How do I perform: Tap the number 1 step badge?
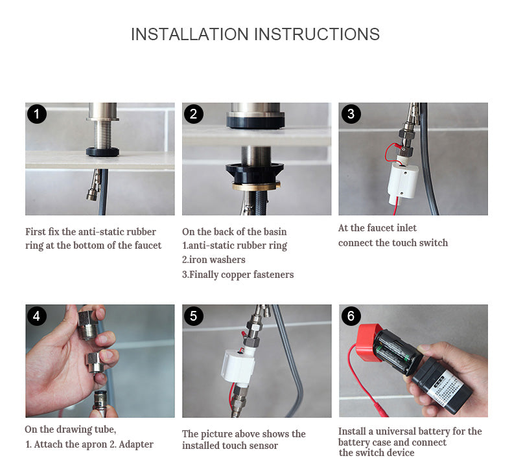click(36, 115)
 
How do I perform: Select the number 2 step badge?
click(193, 115)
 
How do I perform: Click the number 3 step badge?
click(350, 115)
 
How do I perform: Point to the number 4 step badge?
click(36, 316)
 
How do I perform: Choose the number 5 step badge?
click(193, 316)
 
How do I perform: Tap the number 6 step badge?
click(350, 316)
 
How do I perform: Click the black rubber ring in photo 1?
click(102, 152)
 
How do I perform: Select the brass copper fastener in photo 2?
click(257, 186)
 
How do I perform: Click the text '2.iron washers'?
click(214, 260)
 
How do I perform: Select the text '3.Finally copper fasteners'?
click(238, 275)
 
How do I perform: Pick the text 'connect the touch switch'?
click(393, 243)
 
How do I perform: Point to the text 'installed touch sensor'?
click(230, 445)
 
